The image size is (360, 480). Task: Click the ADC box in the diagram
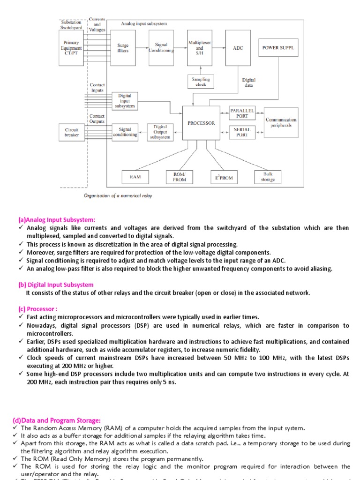(238, 48)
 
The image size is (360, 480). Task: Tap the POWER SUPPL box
(278, 48)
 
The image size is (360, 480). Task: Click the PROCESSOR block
(201, 123)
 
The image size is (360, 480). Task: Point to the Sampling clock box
(201, 82)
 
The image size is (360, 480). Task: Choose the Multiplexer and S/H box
(200, 48)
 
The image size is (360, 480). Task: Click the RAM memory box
(128, 177)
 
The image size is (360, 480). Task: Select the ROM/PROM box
(180, 177)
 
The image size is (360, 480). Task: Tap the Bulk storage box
(268, 177)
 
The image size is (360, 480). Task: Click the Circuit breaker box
(72, 132)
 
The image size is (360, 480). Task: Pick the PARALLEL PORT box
(242, 113)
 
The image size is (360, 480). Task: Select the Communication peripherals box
(281, 122)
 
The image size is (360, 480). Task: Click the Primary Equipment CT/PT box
(71, 48)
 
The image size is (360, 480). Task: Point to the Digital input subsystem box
(125, 101)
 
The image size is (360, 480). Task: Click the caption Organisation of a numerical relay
(118, 196)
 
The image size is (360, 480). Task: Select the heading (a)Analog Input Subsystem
(56, 219)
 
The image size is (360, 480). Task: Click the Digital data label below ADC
(248, 83)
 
